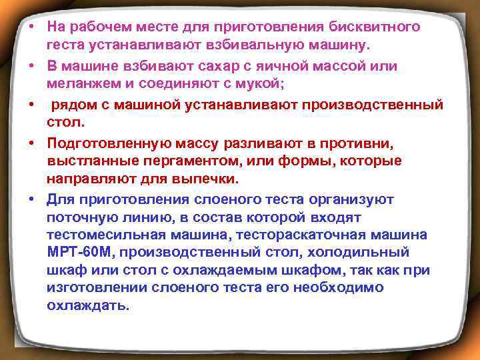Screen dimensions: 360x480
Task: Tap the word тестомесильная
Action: [x=95, y=235]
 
